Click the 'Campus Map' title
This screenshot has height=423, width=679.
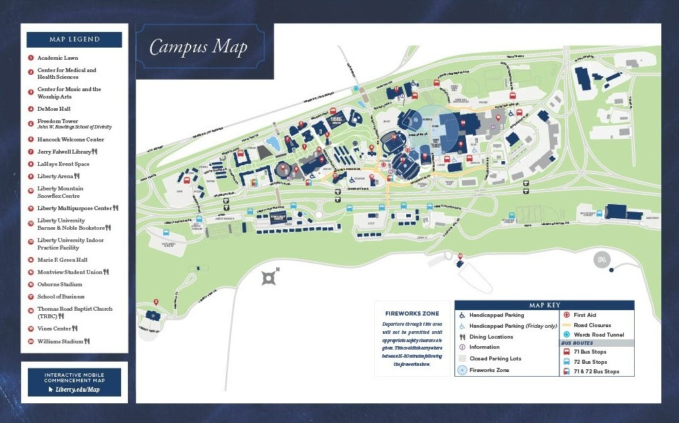pyautogui.click(x=198, y=47)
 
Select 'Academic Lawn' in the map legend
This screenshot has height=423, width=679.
pyautogui.click(x=57, y=58)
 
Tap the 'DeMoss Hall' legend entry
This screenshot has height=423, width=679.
pyautogui.click(x=54, y=109)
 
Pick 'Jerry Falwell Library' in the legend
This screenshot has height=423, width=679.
pyautogui.click(x=64, y=152)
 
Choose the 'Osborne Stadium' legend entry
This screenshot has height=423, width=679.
pyautogui.click(x=59, y=284)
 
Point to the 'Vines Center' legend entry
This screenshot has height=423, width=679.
pyautogui.click(x=55, y=328)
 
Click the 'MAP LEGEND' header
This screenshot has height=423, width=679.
pyautogui.click(x=74, y=39)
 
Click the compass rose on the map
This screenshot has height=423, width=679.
pyautogui.click(x=269, y=277)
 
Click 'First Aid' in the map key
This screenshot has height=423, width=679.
pyautogui.click(x=584, y=315)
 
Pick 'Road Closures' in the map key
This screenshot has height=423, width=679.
pyautogui.click(x=592, y=325)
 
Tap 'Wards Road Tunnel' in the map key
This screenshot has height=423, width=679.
pyautogui.click(x=598, y=335)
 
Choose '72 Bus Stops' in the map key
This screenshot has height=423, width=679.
pyautogui.click(x=590, y=362)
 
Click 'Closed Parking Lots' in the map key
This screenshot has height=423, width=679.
pyautogui.click(x=495, y=358)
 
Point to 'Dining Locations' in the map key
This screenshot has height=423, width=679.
pyautogui.click(x=491, y=337)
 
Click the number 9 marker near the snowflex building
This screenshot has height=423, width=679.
pyautogui.click(x=461, y=256)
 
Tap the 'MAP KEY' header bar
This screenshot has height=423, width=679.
pyautogui.click(x=544, y=305)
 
